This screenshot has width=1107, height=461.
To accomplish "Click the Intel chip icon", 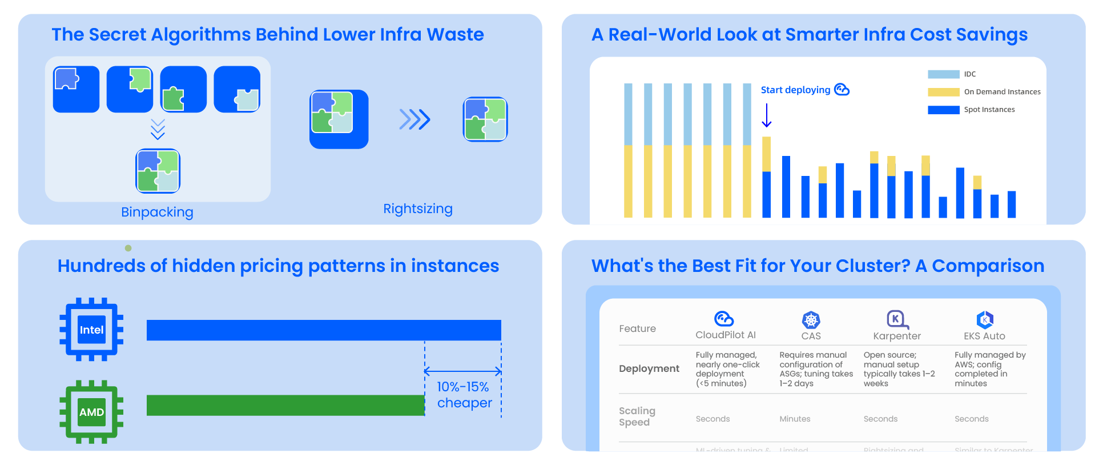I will (91, 330).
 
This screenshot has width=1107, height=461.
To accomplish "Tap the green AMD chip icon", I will (91, 412).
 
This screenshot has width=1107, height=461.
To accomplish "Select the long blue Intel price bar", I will (324, 330).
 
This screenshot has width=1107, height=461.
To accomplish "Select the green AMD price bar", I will (285, 405).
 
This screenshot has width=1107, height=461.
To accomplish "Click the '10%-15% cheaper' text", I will (464, 395).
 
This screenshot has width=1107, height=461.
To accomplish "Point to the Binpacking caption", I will (157, 212).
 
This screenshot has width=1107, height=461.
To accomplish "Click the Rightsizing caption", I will (417, 209).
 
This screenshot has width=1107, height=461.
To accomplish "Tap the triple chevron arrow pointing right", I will (414, 119).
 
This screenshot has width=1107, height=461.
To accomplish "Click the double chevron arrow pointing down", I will (158, 129).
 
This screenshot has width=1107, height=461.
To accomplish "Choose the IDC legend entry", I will (969, 74).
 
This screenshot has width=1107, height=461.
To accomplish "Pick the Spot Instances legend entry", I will (989, 110).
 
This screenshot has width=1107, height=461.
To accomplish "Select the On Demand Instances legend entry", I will (1001, 92).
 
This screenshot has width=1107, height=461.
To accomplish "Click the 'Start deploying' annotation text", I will (795, 90).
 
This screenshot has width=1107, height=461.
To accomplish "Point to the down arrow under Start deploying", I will (767, 115).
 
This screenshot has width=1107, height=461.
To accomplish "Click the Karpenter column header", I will (896, 336).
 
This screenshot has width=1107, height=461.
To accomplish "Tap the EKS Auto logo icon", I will (985, 319).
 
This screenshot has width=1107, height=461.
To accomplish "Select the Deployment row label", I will (649, 368).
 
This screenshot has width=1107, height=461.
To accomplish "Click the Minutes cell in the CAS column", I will (795, 419).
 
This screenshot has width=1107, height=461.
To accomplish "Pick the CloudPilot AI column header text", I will (725, 335).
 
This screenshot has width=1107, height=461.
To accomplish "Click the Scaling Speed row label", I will (637, 416).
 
